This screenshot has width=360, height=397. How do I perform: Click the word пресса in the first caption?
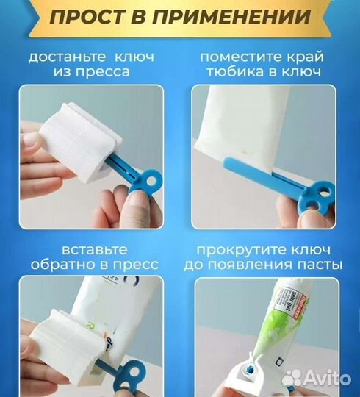click(x=103, y=73)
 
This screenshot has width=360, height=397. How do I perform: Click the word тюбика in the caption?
click(x=239, y=73)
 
